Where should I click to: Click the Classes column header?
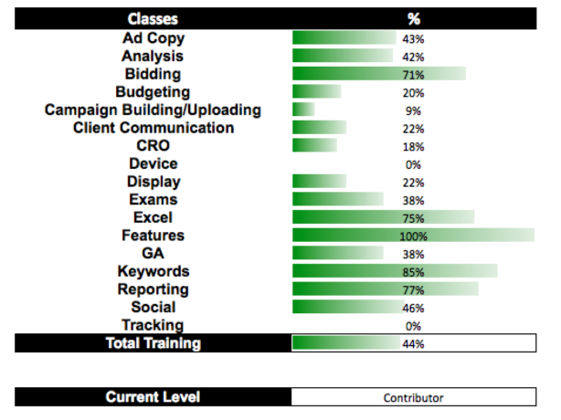(153, 18)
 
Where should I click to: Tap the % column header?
(413, 18)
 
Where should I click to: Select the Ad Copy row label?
(153, 38)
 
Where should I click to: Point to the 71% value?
(413, 75)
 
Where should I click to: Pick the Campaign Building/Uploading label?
(153, 110)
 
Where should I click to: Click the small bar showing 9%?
(303, 110)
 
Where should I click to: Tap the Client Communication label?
(153, 128)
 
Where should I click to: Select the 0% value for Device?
(413, 164)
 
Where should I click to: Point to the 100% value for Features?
(413, 236)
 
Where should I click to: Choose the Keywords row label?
(153, 271)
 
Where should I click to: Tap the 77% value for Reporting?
(413, 290)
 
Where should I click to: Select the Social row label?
(153, 307)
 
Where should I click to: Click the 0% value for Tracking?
(413, 326)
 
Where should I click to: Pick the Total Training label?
(153, 343)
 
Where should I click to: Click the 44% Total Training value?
(413, 344)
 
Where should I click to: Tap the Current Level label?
(153, 397)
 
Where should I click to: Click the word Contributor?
(413, 398)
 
